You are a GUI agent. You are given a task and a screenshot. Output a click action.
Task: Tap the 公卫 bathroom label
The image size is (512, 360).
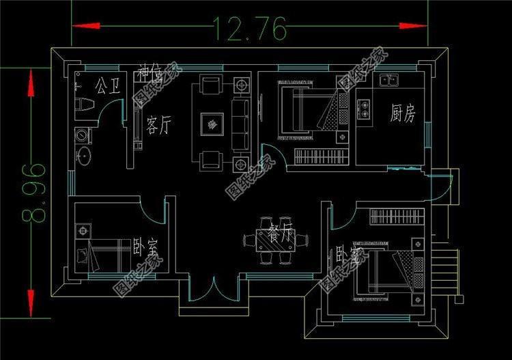pyautogui.click(x=108, y=86)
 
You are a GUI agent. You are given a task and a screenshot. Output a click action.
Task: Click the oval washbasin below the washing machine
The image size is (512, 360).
pyautogui.click(x=84, y=155)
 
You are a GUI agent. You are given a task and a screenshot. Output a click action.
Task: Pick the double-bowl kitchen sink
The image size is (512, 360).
pyautogui.click(x=389, y=81)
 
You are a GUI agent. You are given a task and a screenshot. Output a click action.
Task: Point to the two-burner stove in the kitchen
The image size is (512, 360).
pyautogui.click(x=363, y=107)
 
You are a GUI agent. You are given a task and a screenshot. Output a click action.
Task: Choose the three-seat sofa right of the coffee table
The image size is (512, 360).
pyautogui.click(x=240, y=124)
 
